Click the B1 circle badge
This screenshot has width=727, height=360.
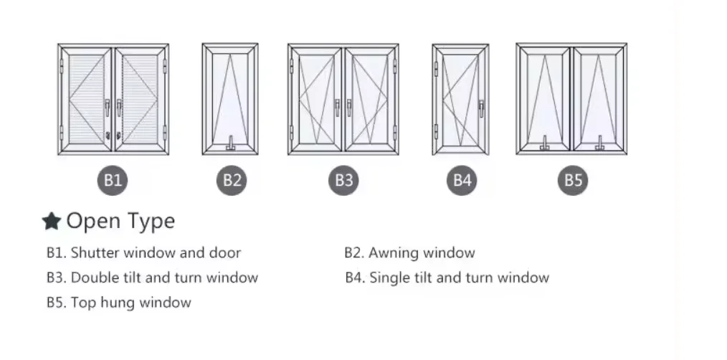point(113,180)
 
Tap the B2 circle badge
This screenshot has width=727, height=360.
point(232,180)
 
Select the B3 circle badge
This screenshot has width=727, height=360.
point(344,180)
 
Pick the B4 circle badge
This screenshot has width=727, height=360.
point(462,180)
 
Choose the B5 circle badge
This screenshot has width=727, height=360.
point(573,180)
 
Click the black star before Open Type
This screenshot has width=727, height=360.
point(51,222)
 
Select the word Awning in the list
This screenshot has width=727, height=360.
point(392,252)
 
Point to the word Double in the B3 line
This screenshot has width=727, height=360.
point(93,278)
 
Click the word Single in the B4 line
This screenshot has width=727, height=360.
point(391,278)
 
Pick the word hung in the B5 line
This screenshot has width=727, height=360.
point(118,303)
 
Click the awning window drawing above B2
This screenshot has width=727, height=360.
point(230,99)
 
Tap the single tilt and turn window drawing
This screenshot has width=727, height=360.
point(461,99)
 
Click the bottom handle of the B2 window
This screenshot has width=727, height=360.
point(231,146)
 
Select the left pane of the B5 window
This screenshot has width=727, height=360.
point(544,99)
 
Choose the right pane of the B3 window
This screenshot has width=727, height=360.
point(370,99)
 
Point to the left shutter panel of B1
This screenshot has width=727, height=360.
point(87,99)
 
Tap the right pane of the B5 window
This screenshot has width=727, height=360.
point(599,99)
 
